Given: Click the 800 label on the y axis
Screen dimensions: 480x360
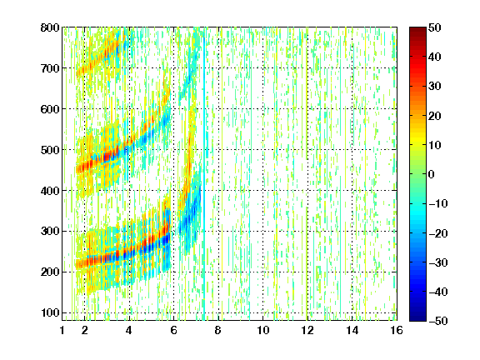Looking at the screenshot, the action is (x=50, y=27).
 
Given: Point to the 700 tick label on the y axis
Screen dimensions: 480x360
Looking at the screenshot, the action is (x=50, y=68).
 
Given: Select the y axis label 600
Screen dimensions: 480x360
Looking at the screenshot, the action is (x=50, y=109).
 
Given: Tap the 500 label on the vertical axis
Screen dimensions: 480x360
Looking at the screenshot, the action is (x=50, y=150).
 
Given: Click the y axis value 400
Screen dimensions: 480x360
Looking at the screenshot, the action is (x=50, y=191).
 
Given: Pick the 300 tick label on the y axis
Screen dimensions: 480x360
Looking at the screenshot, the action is (x=50, y=232).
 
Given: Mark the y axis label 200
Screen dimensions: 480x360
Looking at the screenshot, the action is (x=50, y=272).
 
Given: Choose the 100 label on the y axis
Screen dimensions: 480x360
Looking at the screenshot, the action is (x=50, y=312).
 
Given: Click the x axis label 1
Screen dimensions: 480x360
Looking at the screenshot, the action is (x=62, y=330).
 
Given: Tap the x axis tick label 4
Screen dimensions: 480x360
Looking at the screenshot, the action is (x=129, y=330).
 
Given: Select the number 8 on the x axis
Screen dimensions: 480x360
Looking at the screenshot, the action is (x=218, y=330).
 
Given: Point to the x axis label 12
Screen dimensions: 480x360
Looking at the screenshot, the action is (x=307, y=330).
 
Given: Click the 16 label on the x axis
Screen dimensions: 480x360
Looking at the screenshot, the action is (x=397, y=330).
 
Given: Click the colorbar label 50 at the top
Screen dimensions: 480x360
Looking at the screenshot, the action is (x=434, y=27).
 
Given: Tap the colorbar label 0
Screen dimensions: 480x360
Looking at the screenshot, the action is (x=432, y=174).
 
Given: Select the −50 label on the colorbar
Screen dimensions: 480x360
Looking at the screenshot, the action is (x=438, y=321).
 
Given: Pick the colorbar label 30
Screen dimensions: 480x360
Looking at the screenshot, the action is (x=434, y=87).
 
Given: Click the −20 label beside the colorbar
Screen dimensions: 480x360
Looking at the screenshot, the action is (x=438, y=233).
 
